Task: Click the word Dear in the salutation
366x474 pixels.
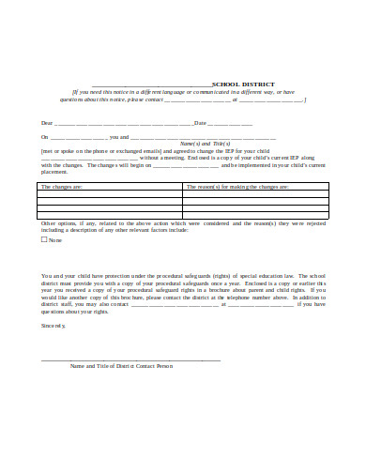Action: (x=46, y=123)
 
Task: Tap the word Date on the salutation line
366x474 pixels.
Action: (x=199, y=123)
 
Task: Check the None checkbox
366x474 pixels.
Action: (x=43, y=240)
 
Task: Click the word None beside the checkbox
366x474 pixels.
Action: (x=54, y=240)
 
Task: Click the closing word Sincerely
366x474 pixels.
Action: (x=53, y=325)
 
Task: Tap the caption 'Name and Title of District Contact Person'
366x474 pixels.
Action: (x=122, y=366)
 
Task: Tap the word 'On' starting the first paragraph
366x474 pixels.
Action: (x=43, y=136)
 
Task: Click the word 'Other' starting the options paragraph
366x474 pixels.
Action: (x=48, y=223)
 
